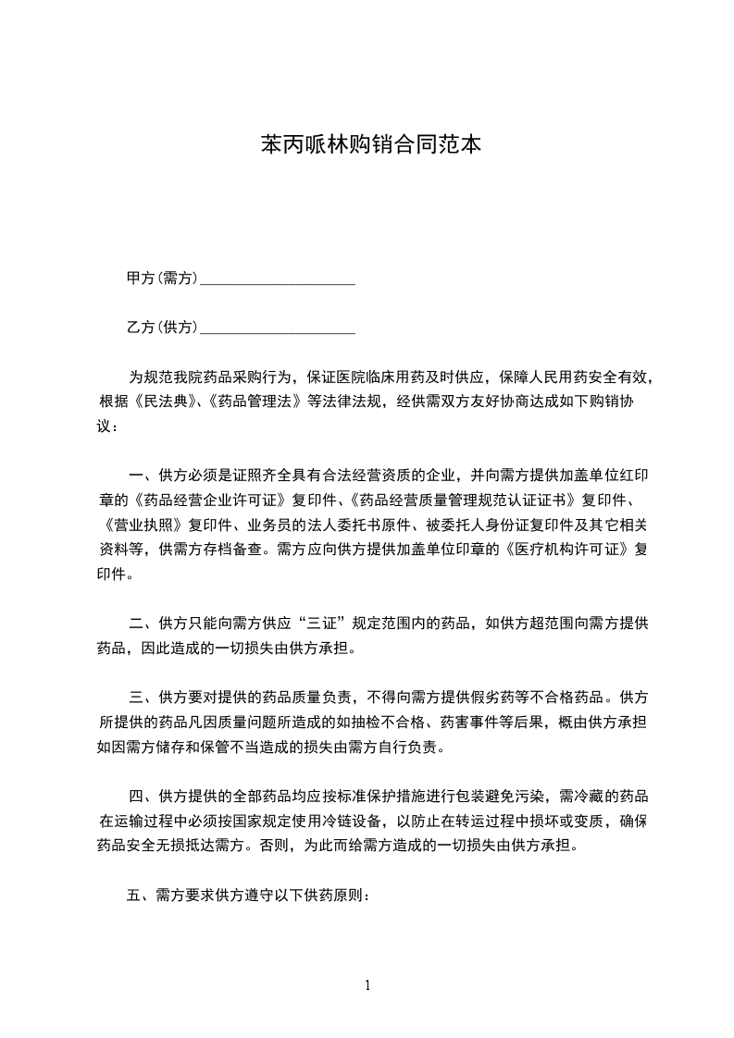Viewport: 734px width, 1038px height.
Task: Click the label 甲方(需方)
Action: pyautogui.click(x=162, y=278)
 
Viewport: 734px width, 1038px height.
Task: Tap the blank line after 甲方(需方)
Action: pyautogui.click(x=278, y=280)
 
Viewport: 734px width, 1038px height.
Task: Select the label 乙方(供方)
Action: pyautogui.click(x=162, y=327)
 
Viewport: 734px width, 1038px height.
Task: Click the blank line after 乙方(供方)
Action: pyautogui.click(x=278, y=329)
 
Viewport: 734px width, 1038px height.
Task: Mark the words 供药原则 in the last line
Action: pyautogui.click(x=336, y=896)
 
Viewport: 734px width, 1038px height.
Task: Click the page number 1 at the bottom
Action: pyautogui.click(x=367, y=985)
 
